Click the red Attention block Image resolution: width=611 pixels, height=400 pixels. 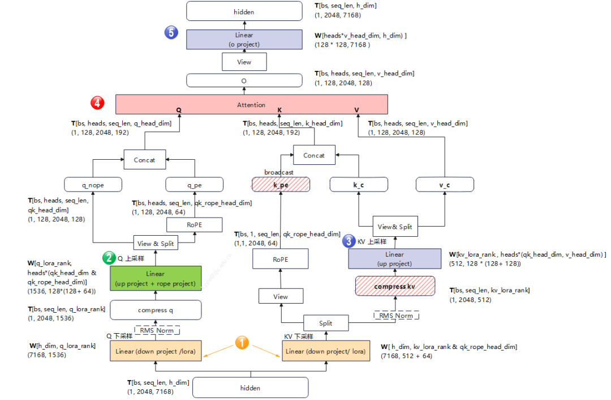click(x=251, y=105)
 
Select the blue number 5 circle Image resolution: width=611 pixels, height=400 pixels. click(x=172, y=32)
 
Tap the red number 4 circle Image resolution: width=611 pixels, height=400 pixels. click(x=98, y=103)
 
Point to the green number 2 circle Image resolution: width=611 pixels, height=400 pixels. click(x=108, y=258)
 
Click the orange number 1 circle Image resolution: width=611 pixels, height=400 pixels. click(x=242, y=342)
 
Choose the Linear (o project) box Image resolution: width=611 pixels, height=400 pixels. click(x=244, y=39)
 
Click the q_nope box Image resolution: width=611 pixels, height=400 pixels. click(x=93, y=185)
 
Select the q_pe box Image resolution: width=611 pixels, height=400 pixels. click(x=194, y=185)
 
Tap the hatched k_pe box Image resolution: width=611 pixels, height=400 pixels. click(x=281, y=185)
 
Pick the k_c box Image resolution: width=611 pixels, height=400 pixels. click(x=359, y=185)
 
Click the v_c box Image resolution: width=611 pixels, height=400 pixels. click(x=445, y=185)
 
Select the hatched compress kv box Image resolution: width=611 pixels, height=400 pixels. click(x=395, y=286)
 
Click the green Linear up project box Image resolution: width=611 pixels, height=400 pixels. click(x=156, y=279)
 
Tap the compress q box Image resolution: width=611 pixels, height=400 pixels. click(x=156, y=310)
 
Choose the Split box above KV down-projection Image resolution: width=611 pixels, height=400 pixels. click(x=326, y=323)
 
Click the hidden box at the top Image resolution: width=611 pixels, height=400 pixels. click(x=244, y=11)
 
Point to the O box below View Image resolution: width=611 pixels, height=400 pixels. click(x=244, y=80)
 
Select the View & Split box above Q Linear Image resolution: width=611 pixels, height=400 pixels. click(x=156, y=244)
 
